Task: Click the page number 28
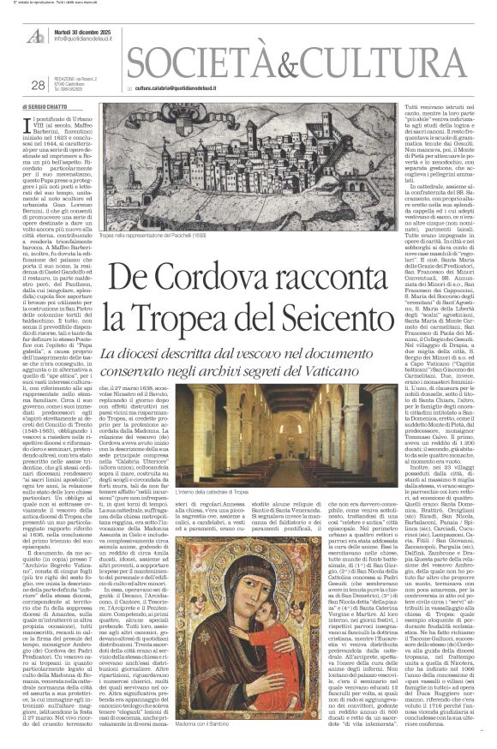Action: coord(37,84)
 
